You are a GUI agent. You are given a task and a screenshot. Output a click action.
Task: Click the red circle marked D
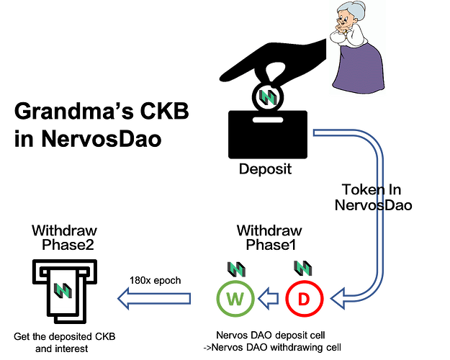[x=305, y=282]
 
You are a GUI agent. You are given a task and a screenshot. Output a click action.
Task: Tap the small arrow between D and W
[x=269, y=299]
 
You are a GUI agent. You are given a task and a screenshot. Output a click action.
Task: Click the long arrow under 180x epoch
[x=154, y=299]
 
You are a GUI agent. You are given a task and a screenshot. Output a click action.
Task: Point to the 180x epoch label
[x=156, y=280]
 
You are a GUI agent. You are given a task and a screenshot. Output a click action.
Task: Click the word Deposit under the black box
[x=265, y=168]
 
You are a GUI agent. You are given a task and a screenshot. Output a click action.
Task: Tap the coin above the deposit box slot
[x=268, y=97]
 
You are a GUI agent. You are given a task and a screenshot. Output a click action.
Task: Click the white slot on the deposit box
[x=268, y=120]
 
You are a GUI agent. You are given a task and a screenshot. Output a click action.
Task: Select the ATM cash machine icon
[x=65, y=292]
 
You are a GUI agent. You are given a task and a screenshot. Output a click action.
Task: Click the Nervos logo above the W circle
[x=236, y=269]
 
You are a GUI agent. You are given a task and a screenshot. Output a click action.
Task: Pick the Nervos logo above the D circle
[x=303, y=268]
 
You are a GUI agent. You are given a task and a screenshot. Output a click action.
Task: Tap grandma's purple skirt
[x=359, y=69]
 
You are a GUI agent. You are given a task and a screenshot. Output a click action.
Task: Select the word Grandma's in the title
[x=73, y=112]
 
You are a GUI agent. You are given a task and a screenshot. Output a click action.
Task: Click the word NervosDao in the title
[x=102, y=139]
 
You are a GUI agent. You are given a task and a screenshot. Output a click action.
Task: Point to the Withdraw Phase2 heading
[x=65, y=238]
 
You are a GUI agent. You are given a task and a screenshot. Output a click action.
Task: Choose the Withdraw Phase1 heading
[x=270, y=238]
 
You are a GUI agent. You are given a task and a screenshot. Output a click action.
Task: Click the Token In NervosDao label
[x=373, y=197]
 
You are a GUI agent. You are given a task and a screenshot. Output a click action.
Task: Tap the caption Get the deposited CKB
[x=65, y=336]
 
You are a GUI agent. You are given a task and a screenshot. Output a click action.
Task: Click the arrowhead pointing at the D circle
[x=337, y=299]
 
